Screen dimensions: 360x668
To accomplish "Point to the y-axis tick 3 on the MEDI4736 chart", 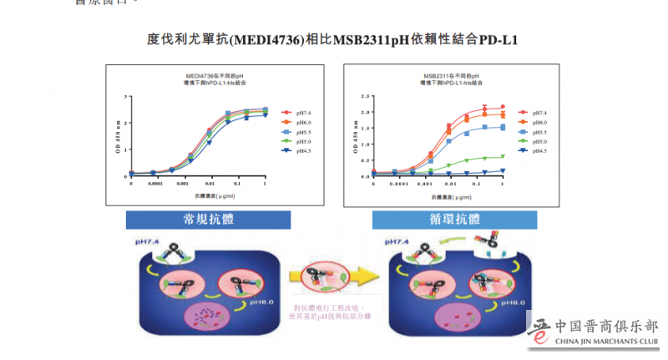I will pos(126,97).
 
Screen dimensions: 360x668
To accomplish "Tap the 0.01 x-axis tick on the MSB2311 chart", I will pos(451,185).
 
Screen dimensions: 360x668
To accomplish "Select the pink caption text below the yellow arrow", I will pos(329,311).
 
